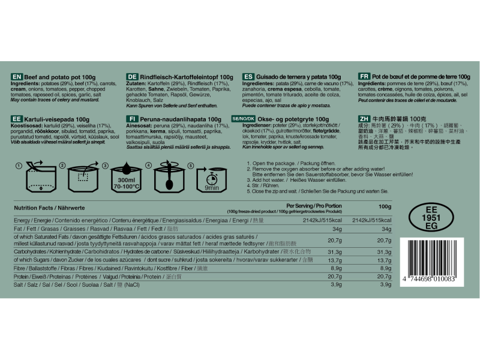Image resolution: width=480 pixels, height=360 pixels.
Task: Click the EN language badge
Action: point(17,77)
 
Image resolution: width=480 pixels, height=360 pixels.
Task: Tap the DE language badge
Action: point(133,77)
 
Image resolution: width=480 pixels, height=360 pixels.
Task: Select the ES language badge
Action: point(248,77)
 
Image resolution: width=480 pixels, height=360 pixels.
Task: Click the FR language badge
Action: point(364,77)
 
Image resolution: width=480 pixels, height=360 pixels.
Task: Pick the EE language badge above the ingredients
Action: point(17,119)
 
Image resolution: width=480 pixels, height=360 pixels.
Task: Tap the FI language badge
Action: point(133,119)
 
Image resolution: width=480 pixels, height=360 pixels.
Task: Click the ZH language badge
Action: point(364,119)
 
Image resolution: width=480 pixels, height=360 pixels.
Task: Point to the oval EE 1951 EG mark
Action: point(431,218)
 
